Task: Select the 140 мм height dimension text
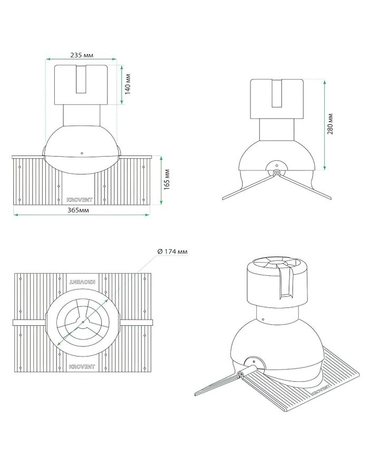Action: pos(128,84)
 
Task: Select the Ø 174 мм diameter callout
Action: pos(172,252)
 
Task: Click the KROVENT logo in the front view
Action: pos(81,200)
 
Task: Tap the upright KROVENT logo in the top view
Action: pos(81,365)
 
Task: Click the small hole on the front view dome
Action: pos(82,152)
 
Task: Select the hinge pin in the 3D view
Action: pos(241,374)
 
